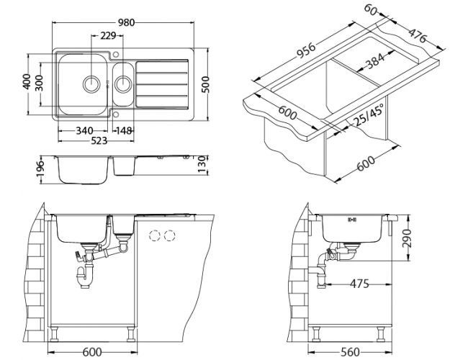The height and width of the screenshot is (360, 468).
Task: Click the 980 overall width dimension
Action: pos(127,22)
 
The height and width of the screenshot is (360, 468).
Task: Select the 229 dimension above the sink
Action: pos(109,35)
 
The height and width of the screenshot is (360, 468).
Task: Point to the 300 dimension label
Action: pos(40,84)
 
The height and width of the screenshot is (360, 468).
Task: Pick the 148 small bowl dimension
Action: pos(123,130)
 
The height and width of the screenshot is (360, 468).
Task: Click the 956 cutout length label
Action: pos(307,56)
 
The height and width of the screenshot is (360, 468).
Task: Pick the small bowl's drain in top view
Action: pos(124,84)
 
